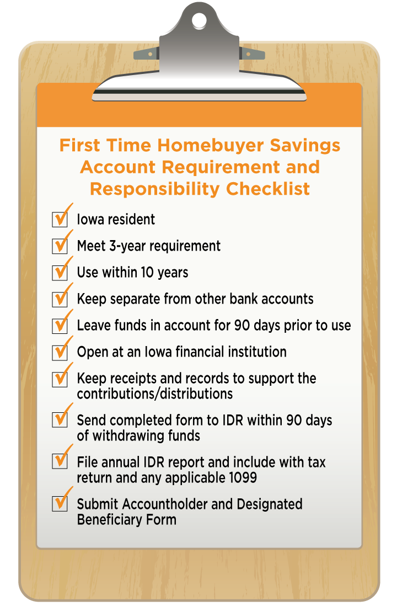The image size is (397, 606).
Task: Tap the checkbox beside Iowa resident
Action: pos(60,219)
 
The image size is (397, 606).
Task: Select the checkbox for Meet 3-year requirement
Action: pos(60,246)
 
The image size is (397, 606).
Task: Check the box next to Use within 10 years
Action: pos(60,273)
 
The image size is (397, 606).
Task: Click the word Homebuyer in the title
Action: pos(211,146)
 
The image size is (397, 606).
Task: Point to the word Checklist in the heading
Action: pos(268,189)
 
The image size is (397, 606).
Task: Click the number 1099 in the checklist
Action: pos(243,477)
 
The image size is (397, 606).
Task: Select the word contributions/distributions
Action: pos(155,394)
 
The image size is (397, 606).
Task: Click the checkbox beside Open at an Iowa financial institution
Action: pos(60,352)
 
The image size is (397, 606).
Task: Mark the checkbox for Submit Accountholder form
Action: pos(60,503)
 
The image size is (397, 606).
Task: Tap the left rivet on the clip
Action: pos(150,55)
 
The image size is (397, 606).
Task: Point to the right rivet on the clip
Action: pos(248,54)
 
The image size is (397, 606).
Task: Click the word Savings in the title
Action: pos(305,146)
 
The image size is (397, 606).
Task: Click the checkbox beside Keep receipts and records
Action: pos(60,379)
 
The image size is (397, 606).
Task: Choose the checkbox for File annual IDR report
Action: pos(60,461)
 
